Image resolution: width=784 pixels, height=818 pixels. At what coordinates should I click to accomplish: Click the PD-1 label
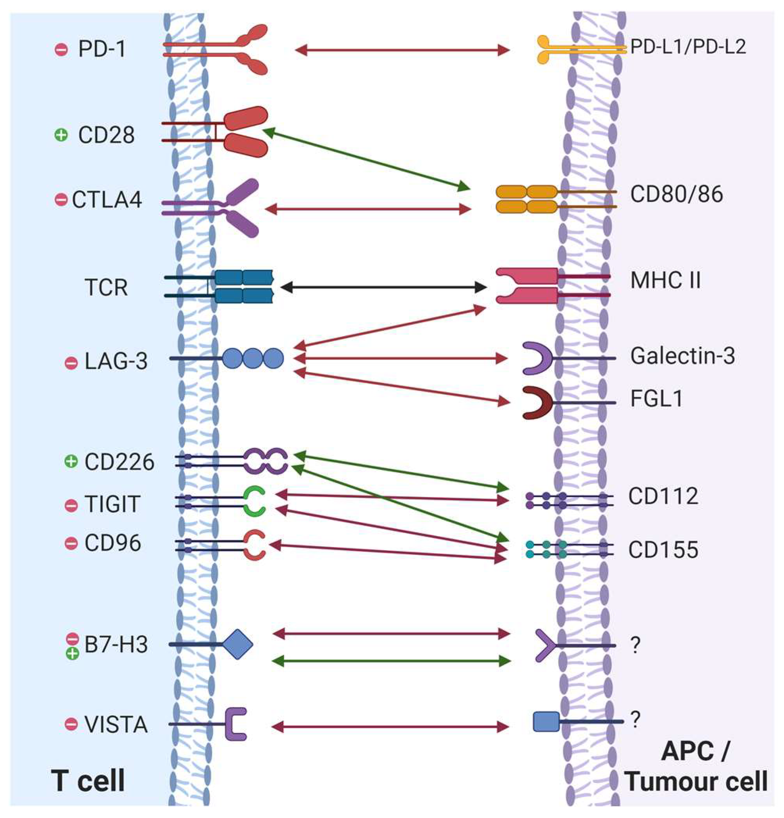tap(102, 50)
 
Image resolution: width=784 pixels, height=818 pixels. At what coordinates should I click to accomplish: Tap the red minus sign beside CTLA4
tap(61, 200)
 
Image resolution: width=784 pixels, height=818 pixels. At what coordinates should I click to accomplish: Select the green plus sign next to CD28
tap(61, 135)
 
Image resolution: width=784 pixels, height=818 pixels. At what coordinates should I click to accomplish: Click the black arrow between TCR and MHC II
tap(383, 287)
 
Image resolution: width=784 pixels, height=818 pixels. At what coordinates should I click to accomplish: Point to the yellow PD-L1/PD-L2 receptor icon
tap(547, 50)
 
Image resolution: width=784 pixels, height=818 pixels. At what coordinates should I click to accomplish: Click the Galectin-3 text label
tap(682, 356)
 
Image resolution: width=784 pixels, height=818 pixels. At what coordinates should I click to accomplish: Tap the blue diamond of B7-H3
tap(237, 644)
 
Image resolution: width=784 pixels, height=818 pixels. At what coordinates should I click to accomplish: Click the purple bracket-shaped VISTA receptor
tap(235, 724)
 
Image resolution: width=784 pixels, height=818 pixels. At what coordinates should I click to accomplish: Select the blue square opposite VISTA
tap(546, 722)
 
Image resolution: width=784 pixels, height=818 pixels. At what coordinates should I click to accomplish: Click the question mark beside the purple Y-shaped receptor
tap(634, 646)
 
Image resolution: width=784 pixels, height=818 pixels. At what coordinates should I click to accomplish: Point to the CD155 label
tap(663, 549)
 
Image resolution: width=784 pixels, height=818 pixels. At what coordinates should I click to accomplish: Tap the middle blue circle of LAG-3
tap(252, 358)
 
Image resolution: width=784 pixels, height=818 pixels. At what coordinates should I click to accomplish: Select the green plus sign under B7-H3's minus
tap(72, 654)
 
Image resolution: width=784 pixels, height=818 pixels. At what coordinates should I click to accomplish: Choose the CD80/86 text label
tap(676, 194)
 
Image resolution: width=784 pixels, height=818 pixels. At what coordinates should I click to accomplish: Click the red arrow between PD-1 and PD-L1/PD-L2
tap(402, 50)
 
